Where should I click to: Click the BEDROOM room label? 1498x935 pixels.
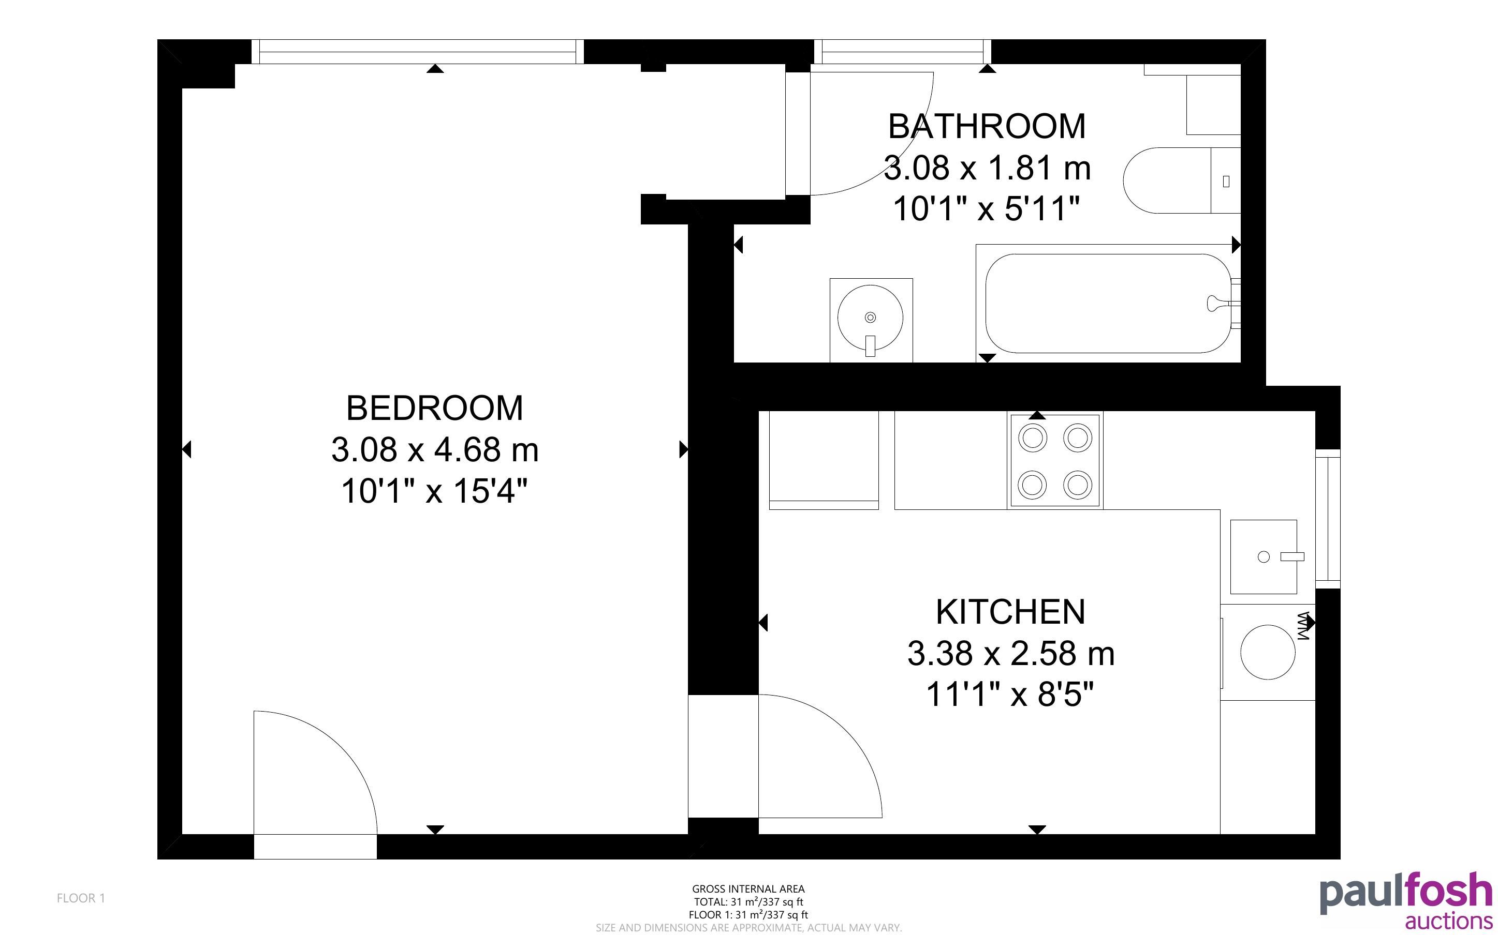[x=434, y=408]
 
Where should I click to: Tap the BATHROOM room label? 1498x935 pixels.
[x=986, y=126]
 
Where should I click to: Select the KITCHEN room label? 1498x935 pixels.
[x=1010, y=612]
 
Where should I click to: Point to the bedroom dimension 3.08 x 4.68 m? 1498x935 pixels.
[x=434, y=449]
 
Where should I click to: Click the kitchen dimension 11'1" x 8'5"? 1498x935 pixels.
[x=1010, y=695]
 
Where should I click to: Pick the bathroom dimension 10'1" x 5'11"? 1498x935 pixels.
[x=986, y=208]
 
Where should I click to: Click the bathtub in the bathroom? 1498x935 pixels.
[x=1108, y=303]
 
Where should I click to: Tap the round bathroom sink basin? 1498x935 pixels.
[x=870, y=318]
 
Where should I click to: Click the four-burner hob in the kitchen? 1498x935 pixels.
[x=1055, y=461]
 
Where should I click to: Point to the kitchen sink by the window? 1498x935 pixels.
[x=1264, y=556]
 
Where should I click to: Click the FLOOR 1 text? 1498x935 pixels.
[x=81, y=898]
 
